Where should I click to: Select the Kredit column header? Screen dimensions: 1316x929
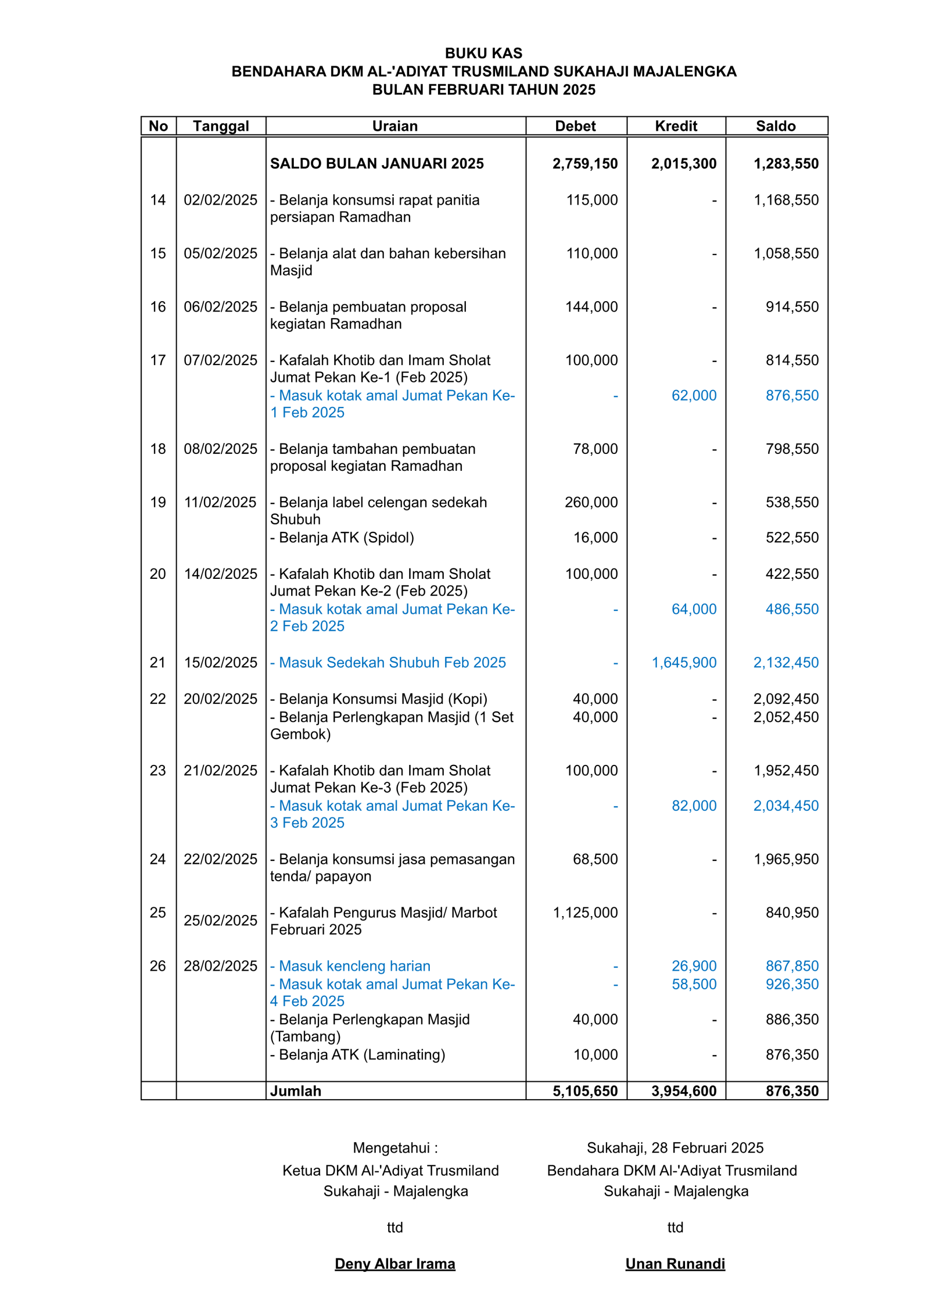[676, 126]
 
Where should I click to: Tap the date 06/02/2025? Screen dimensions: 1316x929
[220, 307]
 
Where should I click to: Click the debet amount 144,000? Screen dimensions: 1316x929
[591, 307]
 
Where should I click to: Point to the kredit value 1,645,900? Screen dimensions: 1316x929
[684, 663]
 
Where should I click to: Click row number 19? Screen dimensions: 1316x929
[158, 503]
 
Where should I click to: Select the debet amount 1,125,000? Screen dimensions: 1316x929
[585, 912]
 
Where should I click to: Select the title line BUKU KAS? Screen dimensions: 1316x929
[483, 53]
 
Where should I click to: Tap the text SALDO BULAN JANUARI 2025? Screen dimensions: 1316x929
[377, 164]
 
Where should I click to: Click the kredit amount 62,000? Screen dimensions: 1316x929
[694, 395]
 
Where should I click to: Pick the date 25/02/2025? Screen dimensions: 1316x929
[220, 921]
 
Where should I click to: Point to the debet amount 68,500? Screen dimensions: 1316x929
[595, 859]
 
